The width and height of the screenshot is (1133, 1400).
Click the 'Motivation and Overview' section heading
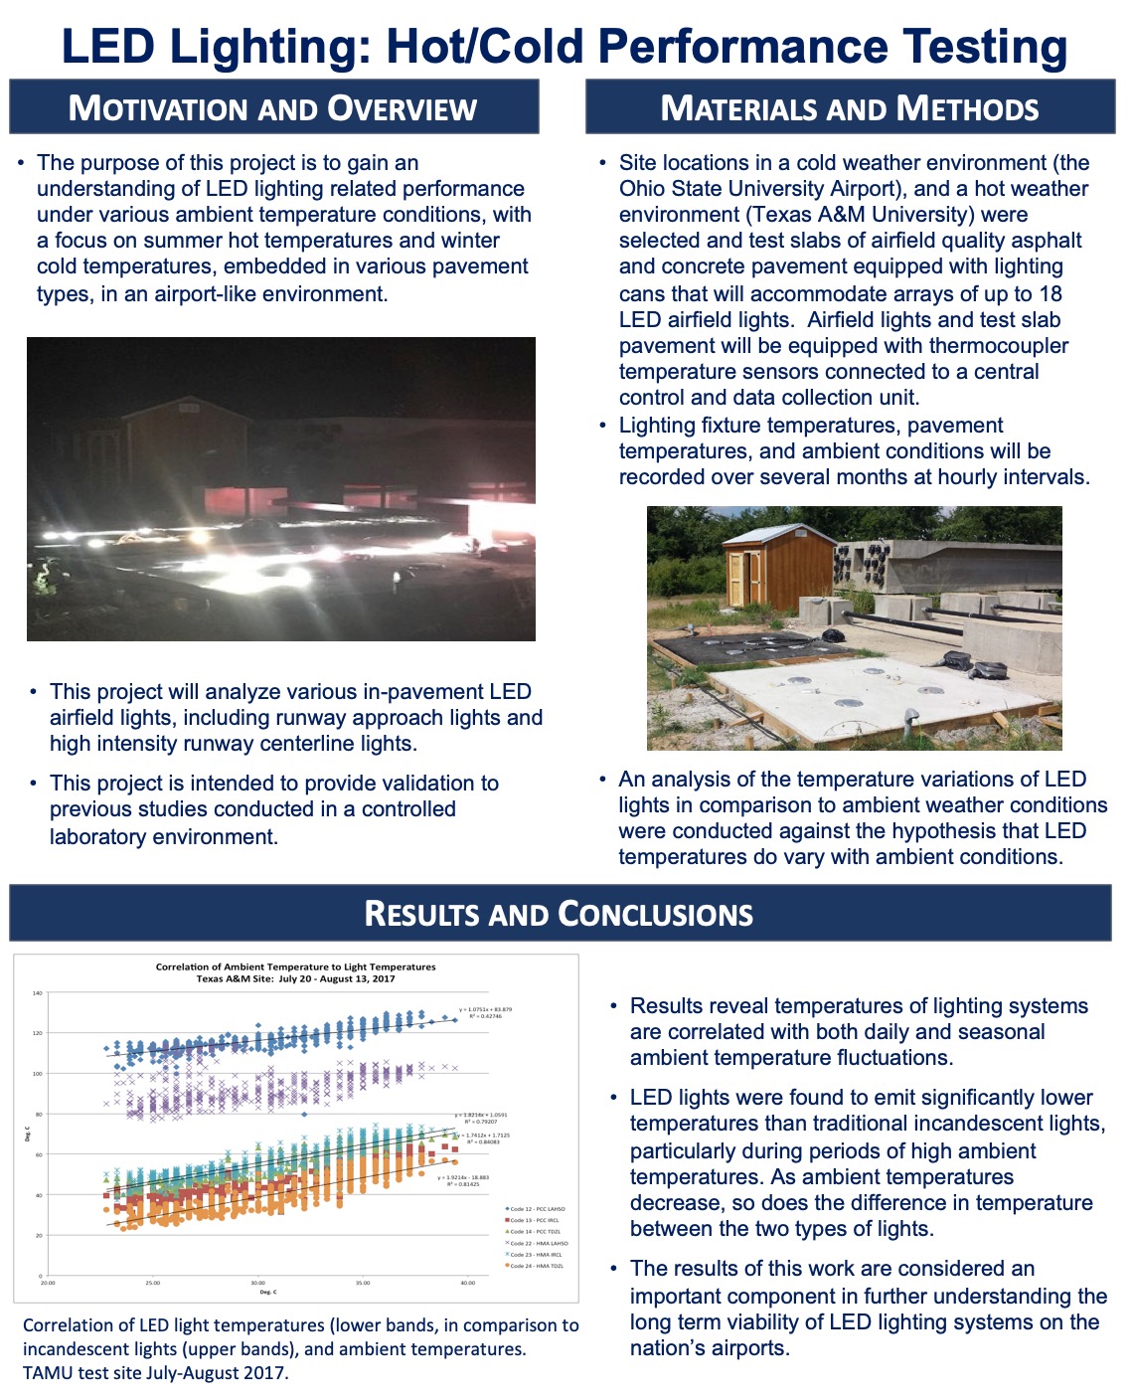[272, 107]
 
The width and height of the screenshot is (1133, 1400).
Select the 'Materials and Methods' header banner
[850, 107]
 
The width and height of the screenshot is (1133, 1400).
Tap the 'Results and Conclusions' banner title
[559, 913]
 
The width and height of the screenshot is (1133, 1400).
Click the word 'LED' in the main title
[108, 47]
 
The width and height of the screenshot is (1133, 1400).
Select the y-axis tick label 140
[38, 992]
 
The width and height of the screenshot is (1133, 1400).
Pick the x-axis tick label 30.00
[257, 1283]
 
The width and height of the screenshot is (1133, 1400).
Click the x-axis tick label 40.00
[467, 1283]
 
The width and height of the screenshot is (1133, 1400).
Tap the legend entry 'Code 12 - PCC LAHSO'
[537, 1209]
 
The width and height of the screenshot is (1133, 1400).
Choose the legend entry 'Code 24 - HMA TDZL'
[537, 1266]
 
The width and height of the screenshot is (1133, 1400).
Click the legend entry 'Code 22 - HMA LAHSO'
[539, 1243]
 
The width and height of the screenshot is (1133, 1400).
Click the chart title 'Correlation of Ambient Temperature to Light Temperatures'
[295, 966]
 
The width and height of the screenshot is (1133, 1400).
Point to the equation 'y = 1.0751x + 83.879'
[486, 1009]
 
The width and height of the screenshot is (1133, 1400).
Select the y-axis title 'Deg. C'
[28, 1133]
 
